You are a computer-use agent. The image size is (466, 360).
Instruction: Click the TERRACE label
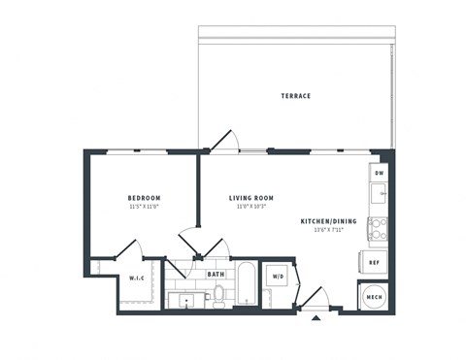click(x=295, y=96)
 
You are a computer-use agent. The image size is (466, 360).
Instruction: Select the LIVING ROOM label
click(x=250, y=196)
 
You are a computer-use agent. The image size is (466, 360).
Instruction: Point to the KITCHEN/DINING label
click(x=328, y=221)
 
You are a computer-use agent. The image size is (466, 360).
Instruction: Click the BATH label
click(x=216, y=275)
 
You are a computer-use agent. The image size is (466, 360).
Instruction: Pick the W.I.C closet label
click(x=137, y=279)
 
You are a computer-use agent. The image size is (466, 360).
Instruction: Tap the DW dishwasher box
click(x=379, y=173)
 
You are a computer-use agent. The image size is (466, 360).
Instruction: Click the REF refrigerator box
click(x=374, y=261)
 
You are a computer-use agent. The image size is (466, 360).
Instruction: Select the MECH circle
click(x=374, y=294)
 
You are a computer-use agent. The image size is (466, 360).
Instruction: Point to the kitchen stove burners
click(x=378, y=229)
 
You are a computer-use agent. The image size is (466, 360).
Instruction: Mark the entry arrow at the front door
click(x=316, y=317)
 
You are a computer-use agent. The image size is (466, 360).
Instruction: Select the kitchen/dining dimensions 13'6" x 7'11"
click(x=328, y=231)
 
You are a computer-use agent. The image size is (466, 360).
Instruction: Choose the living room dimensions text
click(x=250, y=206)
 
